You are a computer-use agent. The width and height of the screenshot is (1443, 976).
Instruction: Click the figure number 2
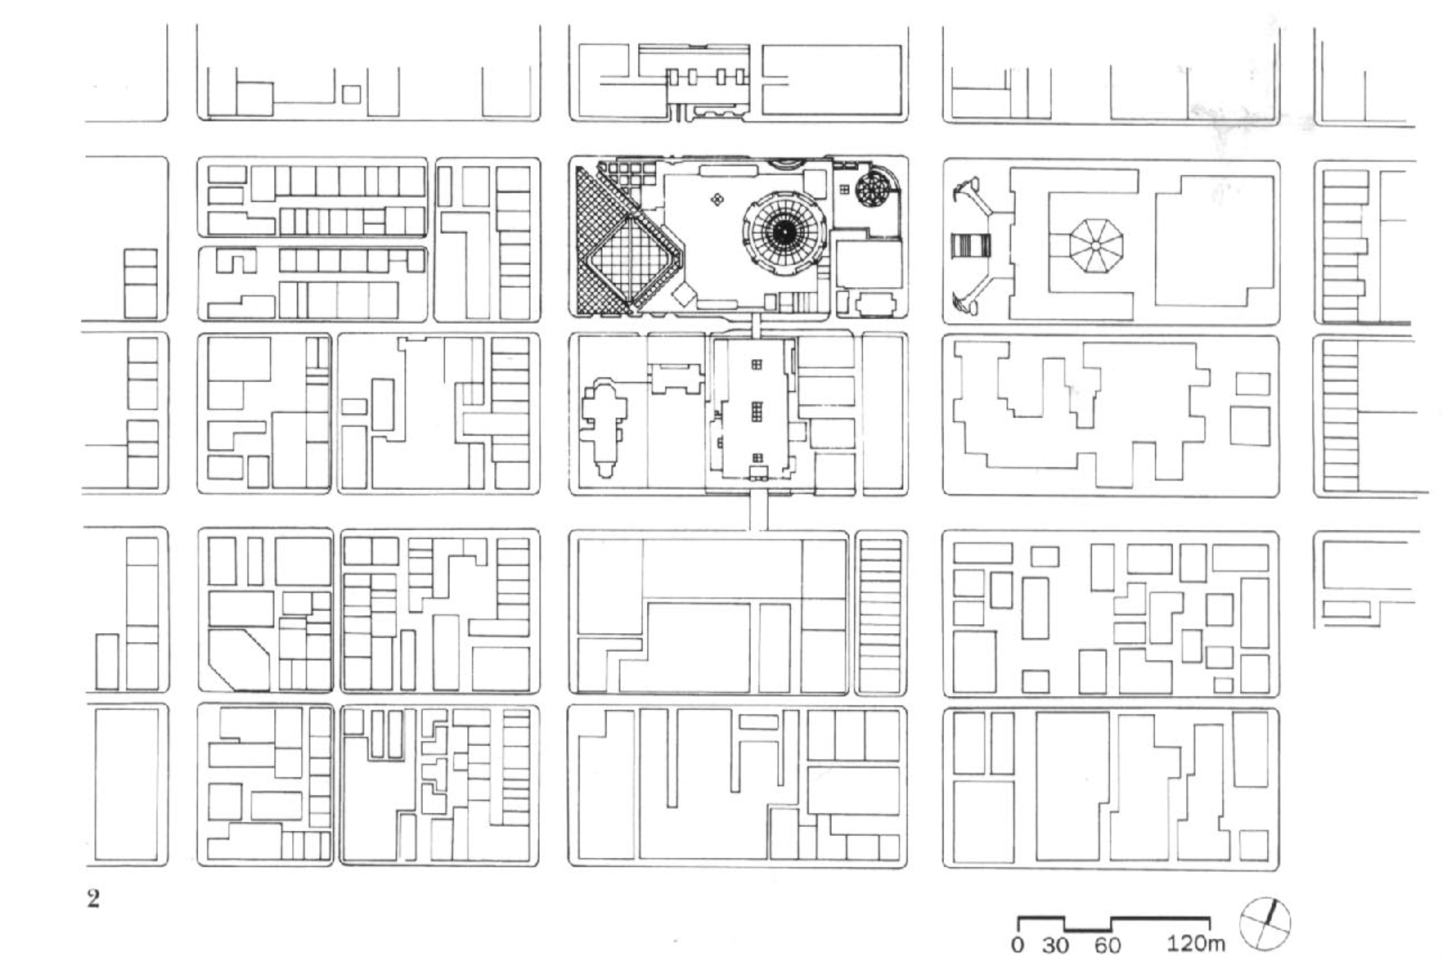click(93, 898)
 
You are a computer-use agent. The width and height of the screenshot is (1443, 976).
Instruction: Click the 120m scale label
click(1196, 944)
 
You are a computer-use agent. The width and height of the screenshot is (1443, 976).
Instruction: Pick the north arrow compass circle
click(1265, 924)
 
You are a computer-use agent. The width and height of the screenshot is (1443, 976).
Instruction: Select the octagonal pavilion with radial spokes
click(1096, 246)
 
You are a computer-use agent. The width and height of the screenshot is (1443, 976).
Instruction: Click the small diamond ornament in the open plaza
click(718, 199)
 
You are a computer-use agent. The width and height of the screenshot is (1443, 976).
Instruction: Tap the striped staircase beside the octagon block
click(969, 246)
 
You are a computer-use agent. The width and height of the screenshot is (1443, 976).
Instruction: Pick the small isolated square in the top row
click(351, 94)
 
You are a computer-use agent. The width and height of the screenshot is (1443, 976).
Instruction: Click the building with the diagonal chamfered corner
click(239, 659)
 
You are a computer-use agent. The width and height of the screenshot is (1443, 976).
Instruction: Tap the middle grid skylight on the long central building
click(757, 411)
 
